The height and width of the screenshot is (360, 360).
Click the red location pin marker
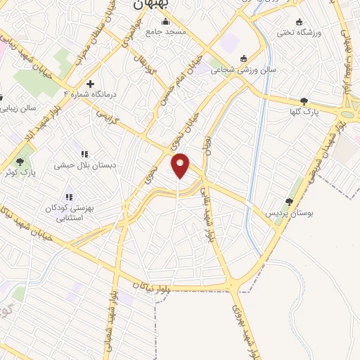pyautogui.click(x=181, y=165)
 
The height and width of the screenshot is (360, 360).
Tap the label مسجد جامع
pyautogui.click(x=170, y=32)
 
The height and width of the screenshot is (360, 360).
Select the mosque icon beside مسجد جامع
pyautogui.click(x=150, y=32)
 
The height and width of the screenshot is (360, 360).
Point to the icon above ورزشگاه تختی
pyautogui.click(x=300, y=22)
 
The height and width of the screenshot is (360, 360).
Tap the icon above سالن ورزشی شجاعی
pyautogui.click(x=244, y=58)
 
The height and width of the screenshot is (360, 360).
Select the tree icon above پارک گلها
pyautogui.click(x=304, y=101)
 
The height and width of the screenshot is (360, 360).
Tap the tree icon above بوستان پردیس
pyautogui.click(x=289, y=202)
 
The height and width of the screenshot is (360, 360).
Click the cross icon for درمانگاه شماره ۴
pyautogui.click(x=90, y=84)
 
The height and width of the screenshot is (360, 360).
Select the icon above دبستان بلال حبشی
pyautogui.click(x=84, y=154)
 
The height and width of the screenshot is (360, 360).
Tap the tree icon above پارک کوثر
pyautogui.click(x=20, y=162)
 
